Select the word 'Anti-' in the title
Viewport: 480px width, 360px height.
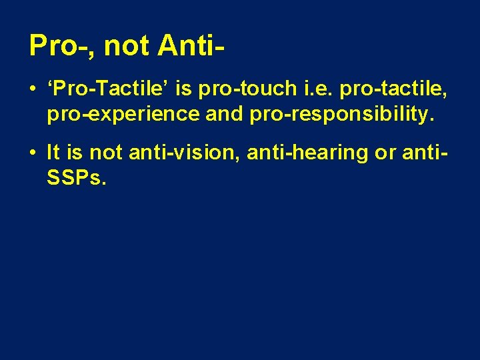[190, 46]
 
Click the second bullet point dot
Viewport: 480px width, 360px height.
[33, 153]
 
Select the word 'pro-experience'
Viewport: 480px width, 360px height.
[123, 114]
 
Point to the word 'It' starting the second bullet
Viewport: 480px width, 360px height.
[53, 153]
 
